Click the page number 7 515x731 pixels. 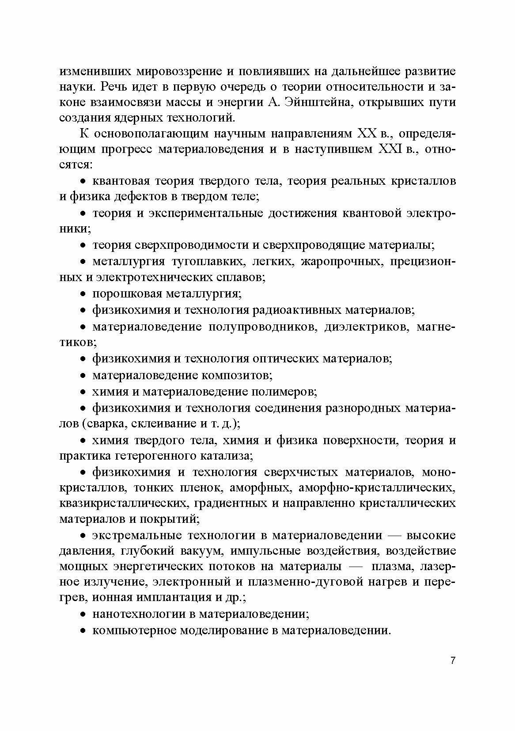[453, 661]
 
